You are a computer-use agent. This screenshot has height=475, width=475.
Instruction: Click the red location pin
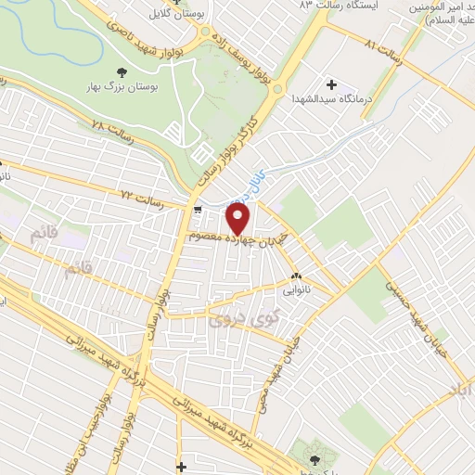(238, 218)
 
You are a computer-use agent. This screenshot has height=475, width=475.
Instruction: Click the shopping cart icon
(199, 211)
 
